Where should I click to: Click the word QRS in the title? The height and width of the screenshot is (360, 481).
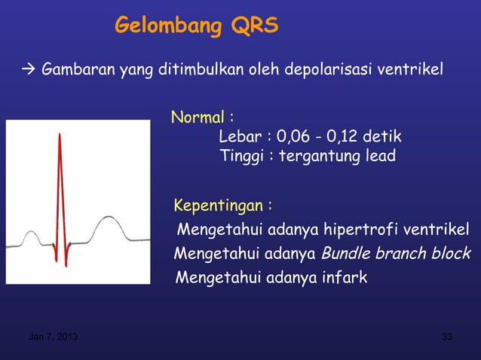coord(255,27)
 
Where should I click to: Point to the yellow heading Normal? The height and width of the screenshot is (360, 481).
coord(198,118)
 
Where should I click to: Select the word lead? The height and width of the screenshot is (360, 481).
coord(378,157)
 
